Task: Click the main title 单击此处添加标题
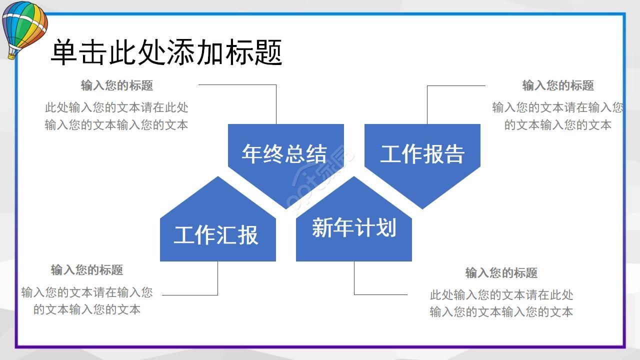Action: (166, 52)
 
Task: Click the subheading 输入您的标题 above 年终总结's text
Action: (117, 85)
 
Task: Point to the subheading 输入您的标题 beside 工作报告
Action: (558, 85)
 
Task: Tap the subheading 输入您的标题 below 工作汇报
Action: (87, 270)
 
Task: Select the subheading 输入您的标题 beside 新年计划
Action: (501, 273)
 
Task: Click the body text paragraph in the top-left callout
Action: (116, 116)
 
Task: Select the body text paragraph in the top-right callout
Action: (557, 116)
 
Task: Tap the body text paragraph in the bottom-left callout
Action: (87, 300)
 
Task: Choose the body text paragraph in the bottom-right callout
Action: (501, 303)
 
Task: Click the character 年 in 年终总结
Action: (251, 153)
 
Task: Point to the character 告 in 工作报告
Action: (454, 153)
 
